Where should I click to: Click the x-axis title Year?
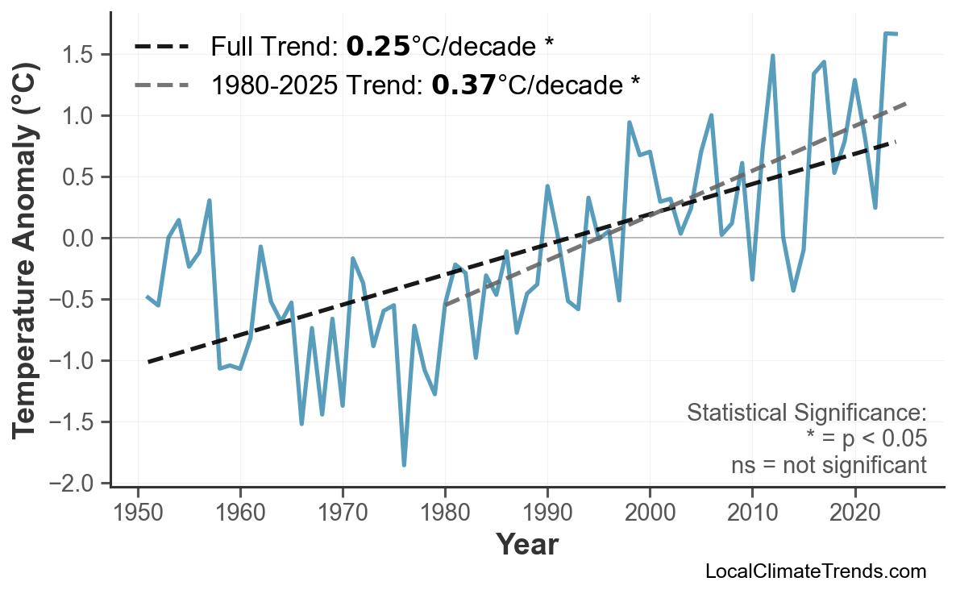click(x=526, y=546)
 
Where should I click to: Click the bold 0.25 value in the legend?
click(x=378, y=47)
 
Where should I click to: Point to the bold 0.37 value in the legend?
click(x=463, y=84)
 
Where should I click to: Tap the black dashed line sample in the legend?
click(x=162, y=47)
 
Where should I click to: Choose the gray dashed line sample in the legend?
click(x=162, y=84)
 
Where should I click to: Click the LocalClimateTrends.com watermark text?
click(x=815, y=571)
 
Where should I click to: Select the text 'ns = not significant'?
click(x=829, y=465)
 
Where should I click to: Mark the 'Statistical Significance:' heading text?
click(x=806, y=413)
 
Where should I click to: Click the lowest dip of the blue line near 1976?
click(x=404, y=465)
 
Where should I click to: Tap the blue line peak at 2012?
click(x=772, y=56)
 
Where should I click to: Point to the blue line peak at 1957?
click(x=210, y=200)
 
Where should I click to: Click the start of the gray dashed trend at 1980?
click(x=445, y=305)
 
